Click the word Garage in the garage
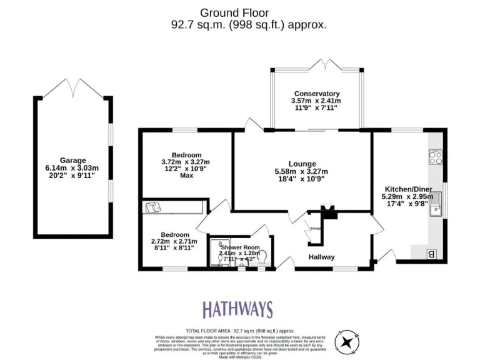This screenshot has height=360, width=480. [73, 160]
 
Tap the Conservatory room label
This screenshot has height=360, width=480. [316, 94]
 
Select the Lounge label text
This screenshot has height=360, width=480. [302, 164]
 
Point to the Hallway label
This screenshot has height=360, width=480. [321, 257]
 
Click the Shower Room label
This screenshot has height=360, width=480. [239, 247]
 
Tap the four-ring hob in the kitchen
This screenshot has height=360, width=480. [436, 157]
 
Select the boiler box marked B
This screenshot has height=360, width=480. [431, 254]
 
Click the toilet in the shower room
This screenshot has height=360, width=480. [262, 257]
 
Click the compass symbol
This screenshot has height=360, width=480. [346, 341]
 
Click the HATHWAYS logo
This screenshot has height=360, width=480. [237, 309]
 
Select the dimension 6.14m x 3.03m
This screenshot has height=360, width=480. [73, 168]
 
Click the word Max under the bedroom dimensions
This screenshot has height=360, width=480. [186, 176]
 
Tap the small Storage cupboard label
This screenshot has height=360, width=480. [315, 229]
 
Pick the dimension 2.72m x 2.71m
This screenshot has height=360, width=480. [174, 241]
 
